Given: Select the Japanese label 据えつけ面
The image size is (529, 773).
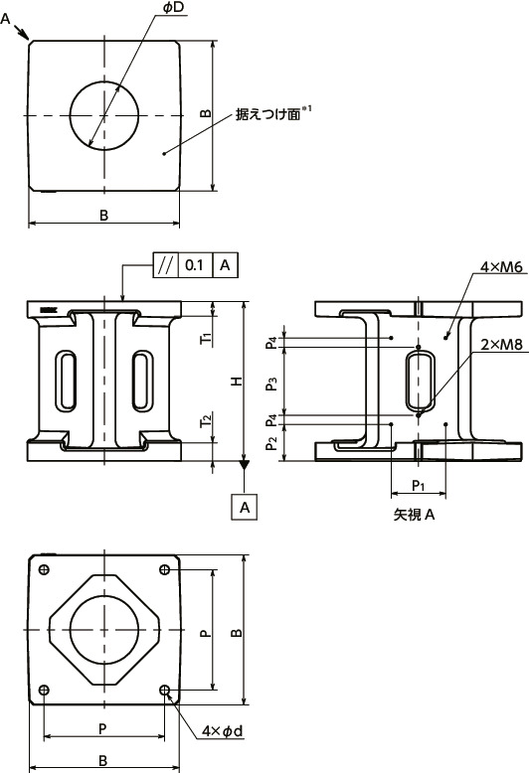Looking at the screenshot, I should point(266,115).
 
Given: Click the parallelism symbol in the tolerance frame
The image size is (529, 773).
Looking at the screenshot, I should point(166,264).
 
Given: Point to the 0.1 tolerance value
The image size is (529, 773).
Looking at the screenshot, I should point(195,264).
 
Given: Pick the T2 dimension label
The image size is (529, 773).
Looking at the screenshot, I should point(205,421).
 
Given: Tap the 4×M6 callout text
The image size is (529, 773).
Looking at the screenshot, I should point(501,268).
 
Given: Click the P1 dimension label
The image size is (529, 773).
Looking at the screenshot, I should point(419,486).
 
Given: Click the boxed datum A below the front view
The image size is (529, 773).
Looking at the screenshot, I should point(245,507).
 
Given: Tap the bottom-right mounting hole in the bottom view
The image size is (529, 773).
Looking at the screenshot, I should point(165,692).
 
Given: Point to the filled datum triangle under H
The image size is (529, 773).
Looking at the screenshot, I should point(245,465).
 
